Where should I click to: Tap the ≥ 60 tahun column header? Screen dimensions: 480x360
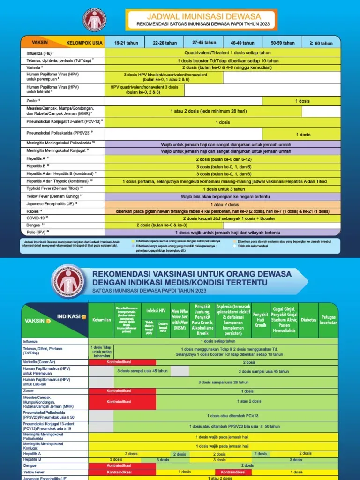coord(321,43)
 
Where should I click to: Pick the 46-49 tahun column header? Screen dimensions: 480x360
coord(242,43)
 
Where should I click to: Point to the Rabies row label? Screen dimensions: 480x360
coord(35,211)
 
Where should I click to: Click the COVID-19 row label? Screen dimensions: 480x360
coord(37,218)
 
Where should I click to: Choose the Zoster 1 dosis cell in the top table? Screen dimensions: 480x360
coord(302,101)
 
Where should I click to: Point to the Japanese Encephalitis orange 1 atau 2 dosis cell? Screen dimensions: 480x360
coord(223,204)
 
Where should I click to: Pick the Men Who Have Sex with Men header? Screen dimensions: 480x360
coord(180,319)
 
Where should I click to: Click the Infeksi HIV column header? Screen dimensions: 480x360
coord(156,310)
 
